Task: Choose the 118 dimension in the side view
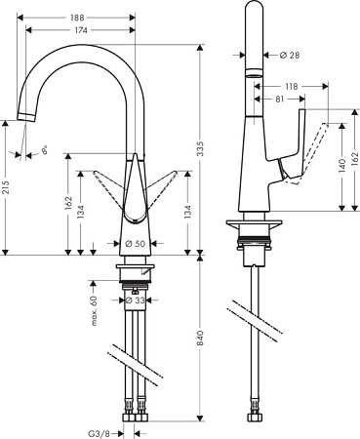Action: [291, 85]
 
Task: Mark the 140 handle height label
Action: [341, 167]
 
